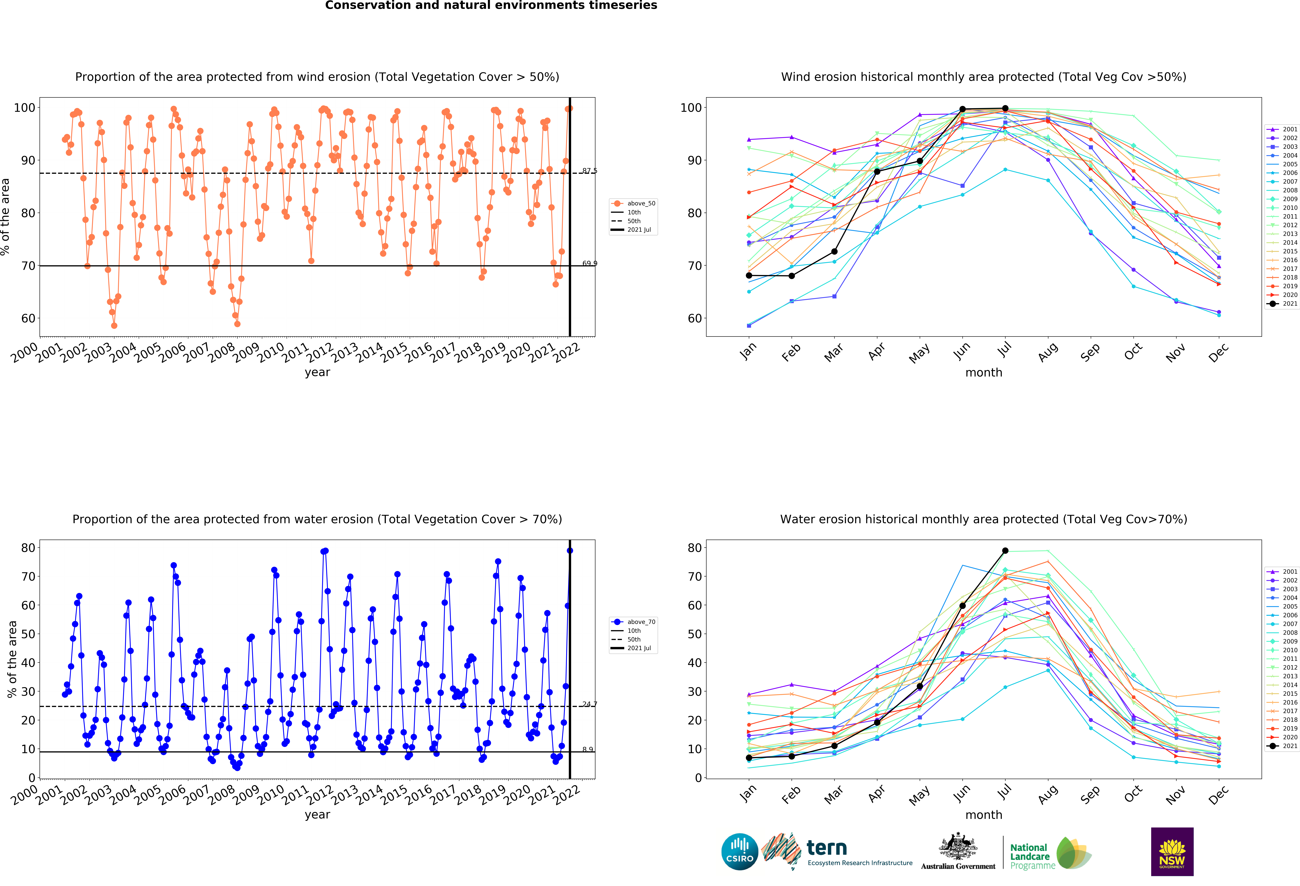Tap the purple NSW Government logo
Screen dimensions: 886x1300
[x=1172, y=851]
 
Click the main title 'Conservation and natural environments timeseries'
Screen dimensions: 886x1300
[x=491, y=6]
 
